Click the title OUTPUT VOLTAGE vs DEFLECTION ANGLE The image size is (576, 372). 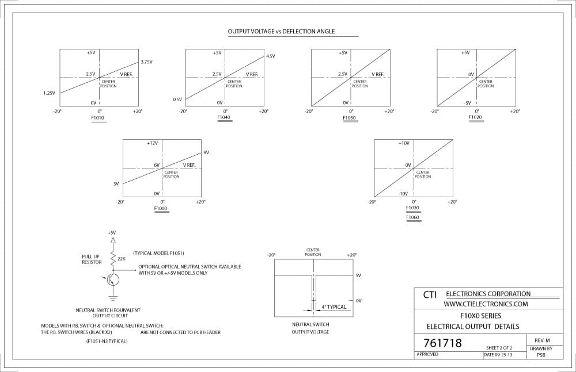[281, 32]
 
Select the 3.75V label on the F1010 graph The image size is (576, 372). [146, 62]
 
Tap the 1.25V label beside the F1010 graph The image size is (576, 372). [49, 93]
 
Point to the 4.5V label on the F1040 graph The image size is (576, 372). [271, 56]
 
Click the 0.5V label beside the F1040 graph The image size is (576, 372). [177, 100]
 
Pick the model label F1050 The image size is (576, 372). [350, 118]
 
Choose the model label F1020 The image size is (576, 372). [475, 117]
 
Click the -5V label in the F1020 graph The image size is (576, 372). [467, 103]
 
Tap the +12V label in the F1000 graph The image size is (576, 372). [152, 143]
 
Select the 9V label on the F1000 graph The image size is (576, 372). [206, 152]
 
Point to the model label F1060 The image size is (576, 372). [412, 217]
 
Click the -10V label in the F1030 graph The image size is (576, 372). [403, 194]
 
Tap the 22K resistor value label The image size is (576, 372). [122, 259]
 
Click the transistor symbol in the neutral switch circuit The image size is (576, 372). [113, 279]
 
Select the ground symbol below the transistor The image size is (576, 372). [113, 295]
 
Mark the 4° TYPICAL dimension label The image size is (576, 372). [334, 307]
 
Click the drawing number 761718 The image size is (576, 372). [442, 343]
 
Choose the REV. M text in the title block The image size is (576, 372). [542, 340]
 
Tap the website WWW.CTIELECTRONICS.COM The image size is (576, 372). [486, 304]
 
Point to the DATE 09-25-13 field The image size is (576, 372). [498, 355]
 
